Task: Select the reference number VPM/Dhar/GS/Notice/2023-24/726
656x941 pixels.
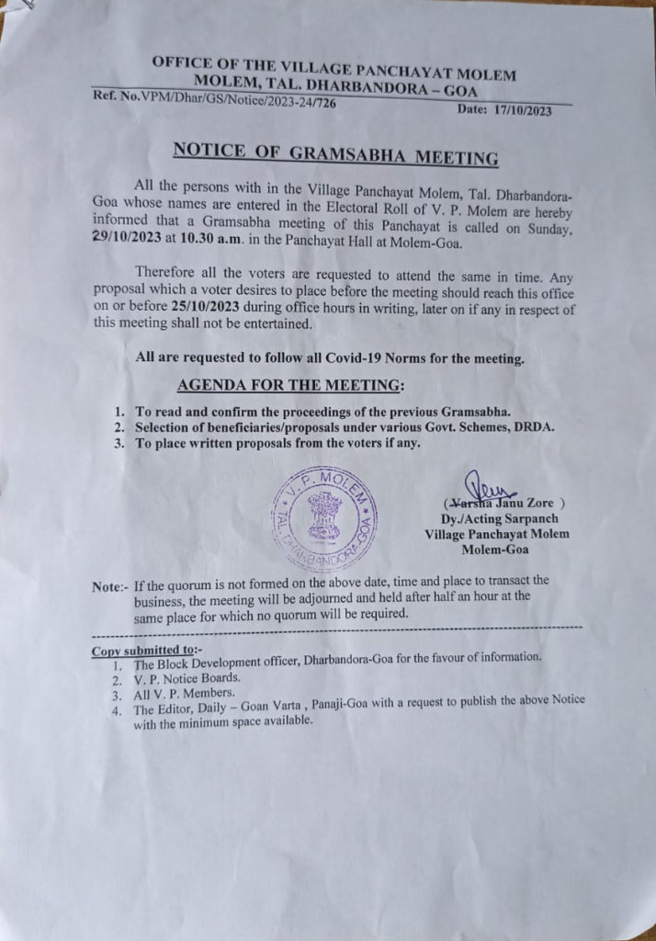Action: [x=234, y=101]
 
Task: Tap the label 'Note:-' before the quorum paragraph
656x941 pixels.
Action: [x=111, y=585]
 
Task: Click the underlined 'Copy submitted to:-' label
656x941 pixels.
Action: [x=147, y=651]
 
